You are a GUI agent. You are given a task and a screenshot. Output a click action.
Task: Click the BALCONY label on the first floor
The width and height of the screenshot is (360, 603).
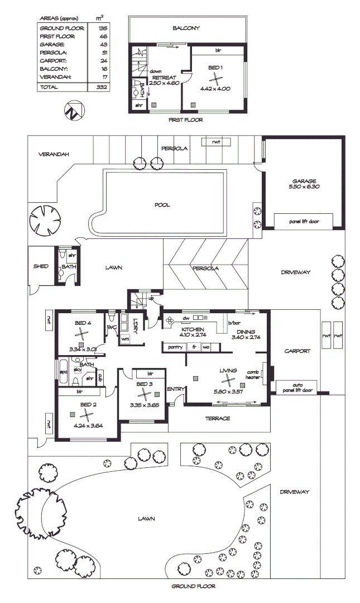pos(186,28)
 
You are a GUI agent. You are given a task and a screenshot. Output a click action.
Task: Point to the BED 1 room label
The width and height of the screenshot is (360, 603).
pos(215,68)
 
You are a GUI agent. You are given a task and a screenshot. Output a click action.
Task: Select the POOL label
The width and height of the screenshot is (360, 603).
pos(162,205)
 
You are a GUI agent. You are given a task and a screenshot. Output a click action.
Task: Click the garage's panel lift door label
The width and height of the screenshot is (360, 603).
pos(304,222)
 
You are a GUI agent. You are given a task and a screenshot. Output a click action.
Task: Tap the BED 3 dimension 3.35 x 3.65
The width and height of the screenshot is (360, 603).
pos(145,405)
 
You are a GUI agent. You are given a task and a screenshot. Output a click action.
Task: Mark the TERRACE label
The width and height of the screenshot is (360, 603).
pos(218,418)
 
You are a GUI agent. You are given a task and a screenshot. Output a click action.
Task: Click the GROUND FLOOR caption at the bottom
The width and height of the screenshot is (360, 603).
pos(193,586)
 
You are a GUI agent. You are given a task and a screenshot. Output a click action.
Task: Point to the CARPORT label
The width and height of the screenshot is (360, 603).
pos(296,351)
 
